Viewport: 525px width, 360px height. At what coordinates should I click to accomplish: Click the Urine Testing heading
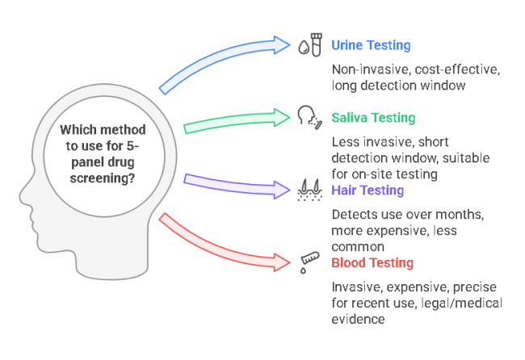[371, 46]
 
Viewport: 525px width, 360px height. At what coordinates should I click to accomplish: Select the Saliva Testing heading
[373, 118]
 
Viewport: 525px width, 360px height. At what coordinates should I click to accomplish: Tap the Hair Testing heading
[367, 190]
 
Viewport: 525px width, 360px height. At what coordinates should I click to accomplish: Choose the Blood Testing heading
[372, 263]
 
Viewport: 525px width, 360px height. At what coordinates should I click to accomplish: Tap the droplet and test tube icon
[311, 45]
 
